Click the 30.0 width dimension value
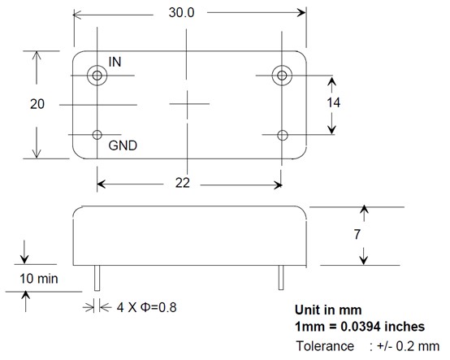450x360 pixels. tap(181, 13)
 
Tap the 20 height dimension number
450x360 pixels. tap(37, 104)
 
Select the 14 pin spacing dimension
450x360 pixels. tap(334, 102)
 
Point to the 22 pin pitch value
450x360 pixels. tap(183, 183)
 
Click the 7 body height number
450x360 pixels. tap(357, 235)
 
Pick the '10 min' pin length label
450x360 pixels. tap(39, 279)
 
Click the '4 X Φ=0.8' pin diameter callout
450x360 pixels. tap(146, 307)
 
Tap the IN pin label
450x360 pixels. tap(115, 62)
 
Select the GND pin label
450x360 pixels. tap(123, 145)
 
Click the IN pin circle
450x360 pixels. tap(97, 66)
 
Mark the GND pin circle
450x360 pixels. tap(97, 130)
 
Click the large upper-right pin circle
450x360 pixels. tap(282, 66)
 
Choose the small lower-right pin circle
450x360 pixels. tap(283, 130)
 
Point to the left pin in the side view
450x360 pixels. tap(97, 278)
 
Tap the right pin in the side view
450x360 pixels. tap(281, 277)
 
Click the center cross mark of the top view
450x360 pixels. tap(187, 104)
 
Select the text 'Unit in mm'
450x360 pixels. tap(328, 310)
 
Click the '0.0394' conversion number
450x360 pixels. tap(360, 327)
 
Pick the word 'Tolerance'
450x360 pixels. tap(325, 346)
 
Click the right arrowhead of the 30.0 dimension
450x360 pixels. tap(301, 13)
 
